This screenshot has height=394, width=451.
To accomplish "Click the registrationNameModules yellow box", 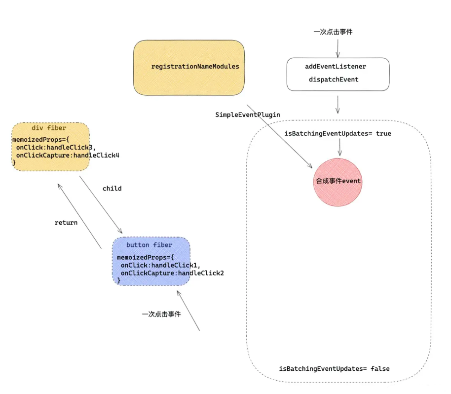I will click(x=189, y=68).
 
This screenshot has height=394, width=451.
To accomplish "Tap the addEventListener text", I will click(x=336, y=66).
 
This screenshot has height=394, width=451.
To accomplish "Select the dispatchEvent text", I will click(x=334, y=79).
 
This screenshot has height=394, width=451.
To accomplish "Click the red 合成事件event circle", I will click(x=338, y=181).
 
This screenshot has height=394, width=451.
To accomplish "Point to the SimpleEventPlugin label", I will click(x=248, y=115).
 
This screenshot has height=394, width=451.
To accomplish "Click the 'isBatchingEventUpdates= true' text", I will click(x=338, y=134).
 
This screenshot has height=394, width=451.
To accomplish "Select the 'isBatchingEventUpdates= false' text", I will click(x=335, y=369).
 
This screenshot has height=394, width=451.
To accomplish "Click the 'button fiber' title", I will click(x=150, y=245).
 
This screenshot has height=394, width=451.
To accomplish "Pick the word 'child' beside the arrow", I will click(x=112, y=189).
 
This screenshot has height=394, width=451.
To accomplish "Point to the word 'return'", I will click(x=66, y=223).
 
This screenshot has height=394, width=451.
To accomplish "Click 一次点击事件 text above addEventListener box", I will click(x=333, y=32).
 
